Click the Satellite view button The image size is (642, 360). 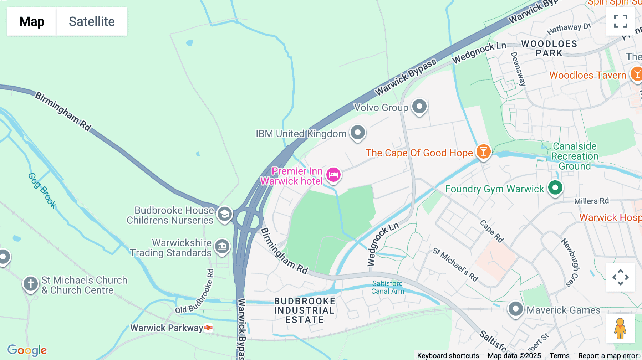click(92, 21)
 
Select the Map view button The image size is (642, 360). click(32, 21)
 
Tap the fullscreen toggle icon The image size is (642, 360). click(620, 21)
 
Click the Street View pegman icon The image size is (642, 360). click(620, 329)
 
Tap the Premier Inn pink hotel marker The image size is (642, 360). click(333, 175)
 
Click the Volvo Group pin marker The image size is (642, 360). click(419, 106)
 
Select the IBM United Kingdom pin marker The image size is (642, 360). click(358, 132)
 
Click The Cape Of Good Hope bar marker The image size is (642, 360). click(483, 151)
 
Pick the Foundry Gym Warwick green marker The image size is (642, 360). click(555, 187)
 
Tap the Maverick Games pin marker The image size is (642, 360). click(515, 309)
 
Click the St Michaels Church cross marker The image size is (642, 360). click(31, 284)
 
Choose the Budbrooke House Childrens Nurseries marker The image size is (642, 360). click(224, 214)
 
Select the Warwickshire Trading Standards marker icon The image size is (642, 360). click(222, 246)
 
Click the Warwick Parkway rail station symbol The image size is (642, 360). click(208, 328)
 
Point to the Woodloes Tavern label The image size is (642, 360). click(587, 75)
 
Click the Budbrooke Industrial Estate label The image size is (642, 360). click(305, 310)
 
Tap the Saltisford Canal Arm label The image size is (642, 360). click(387, 287)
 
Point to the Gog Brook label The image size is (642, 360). click(42, 191)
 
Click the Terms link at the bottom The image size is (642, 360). click(559, 356)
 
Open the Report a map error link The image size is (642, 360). click(608, 356)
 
